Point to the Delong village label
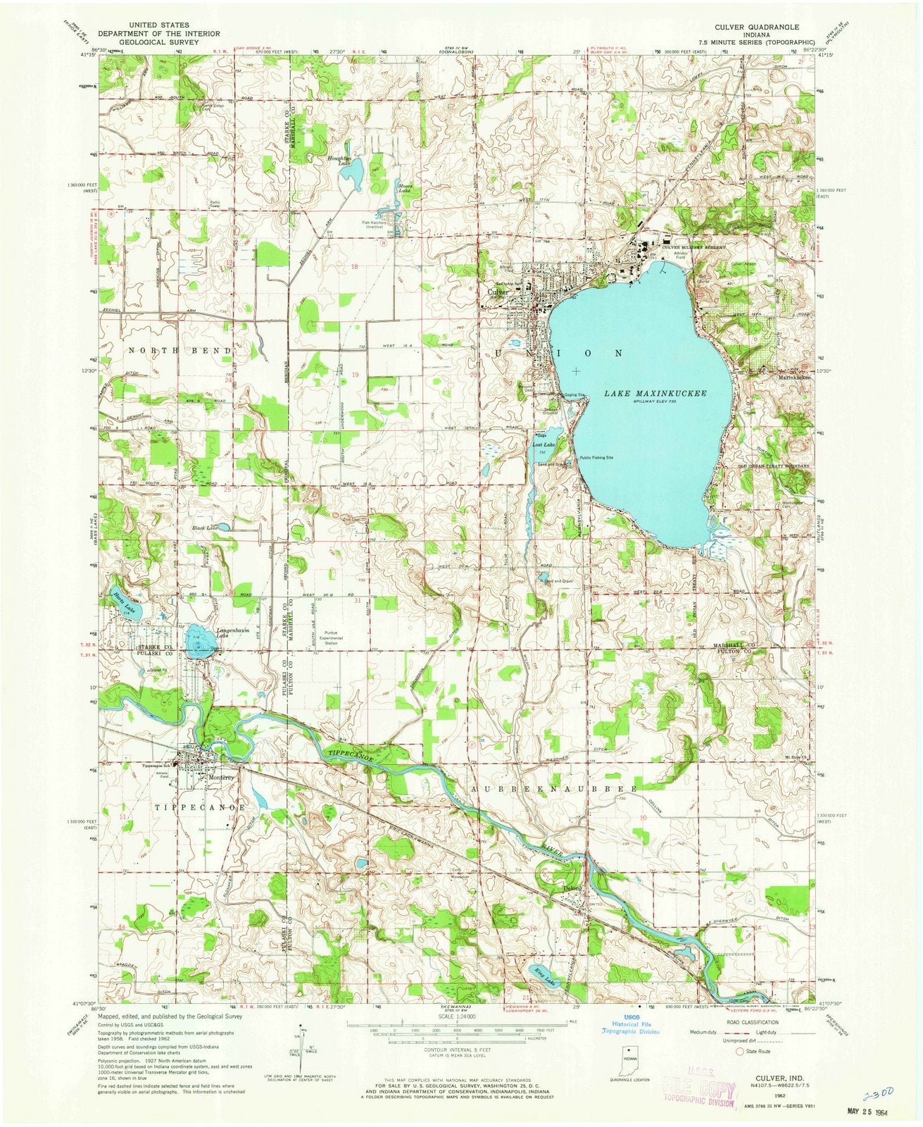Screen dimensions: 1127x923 point(574,889)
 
